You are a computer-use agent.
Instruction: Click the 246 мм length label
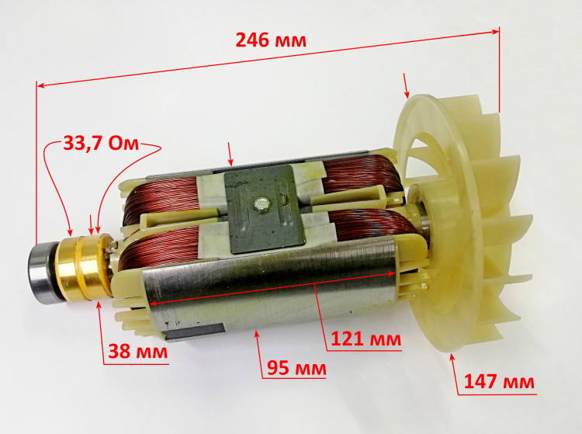271,40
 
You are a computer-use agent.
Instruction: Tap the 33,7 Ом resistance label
101,143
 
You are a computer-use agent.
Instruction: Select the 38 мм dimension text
137,351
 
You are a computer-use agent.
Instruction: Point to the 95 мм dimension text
296,368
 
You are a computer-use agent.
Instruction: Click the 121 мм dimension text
366,339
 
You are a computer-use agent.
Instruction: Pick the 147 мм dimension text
499,381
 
